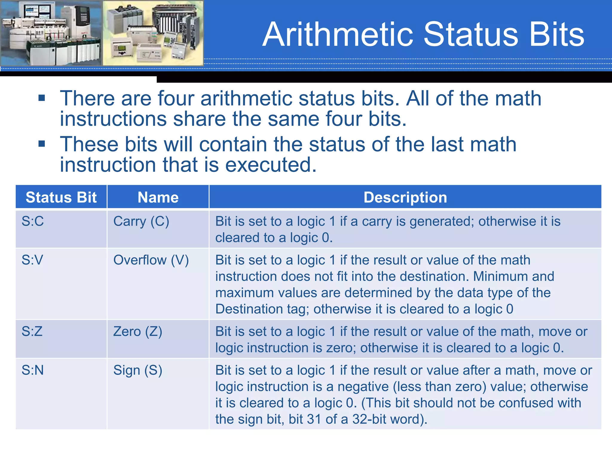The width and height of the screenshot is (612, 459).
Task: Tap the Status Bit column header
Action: (x=61, y=198)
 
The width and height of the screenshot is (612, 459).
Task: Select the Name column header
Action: (x=158, y=198)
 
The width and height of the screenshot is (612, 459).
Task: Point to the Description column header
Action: (x=405, y=198)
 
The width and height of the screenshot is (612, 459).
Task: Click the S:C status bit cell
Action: (x=33, y=221)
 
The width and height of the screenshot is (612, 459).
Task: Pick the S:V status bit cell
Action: (x=32, y=260)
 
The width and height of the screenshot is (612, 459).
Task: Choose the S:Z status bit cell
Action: (x=32, y=331)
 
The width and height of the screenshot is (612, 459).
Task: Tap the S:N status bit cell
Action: (x=33, y=370)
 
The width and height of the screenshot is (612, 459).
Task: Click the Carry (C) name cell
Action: (x=141, y=221)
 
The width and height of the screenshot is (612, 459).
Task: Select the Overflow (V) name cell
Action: (x=151, y=260)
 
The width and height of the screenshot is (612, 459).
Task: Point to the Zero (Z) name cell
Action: (x=138, y=331)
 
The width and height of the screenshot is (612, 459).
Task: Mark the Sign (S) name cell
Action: (x=138, y=370)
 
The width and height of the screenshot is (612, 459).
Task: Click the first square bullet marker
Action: (x=42, y=98)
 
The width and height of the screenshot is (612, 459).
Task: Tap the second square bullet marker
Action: (x=42, y=144)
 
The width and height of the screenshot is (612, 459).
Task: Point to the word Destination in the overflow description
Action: (x=249, y=309)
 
